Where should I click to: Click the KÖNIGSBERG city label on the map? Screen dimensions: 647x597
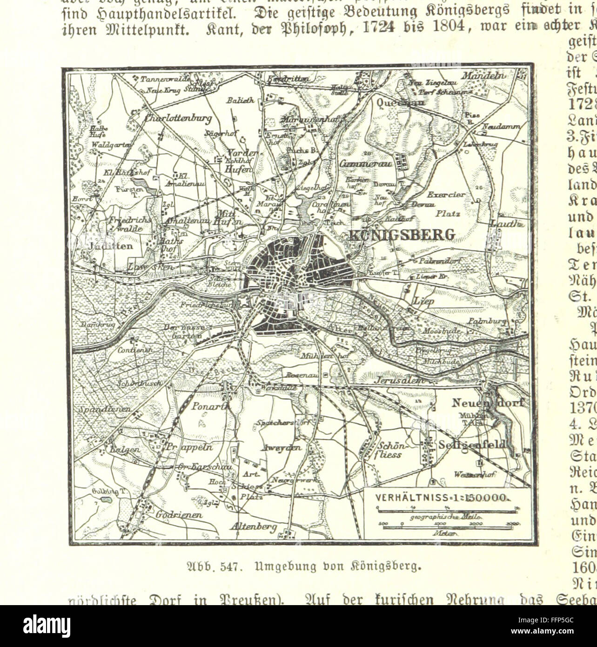401,234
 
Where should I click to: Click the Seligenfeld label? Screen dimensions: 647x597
471,445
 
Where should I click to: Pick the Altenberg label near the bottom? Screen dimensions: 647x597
253,526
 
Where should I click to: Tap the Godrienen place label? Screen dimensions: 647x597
172,515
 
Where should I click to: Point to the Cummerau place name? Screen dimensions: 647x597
367,164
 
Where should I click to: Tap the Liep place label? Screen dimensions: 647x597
424,301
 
